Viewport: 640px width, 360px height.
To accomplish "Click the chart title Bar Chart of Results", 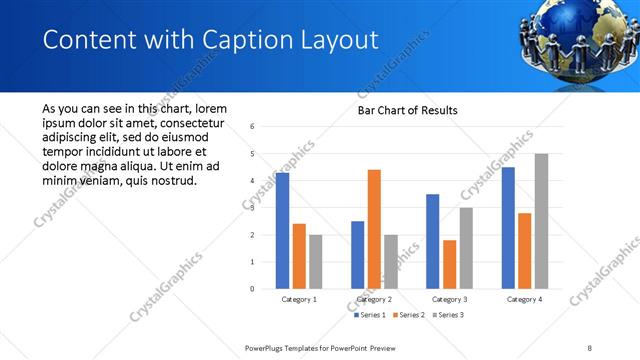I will tap(408, 110).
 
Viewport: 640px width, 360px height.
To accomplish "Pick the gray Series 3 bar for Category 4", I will tap(541, 221).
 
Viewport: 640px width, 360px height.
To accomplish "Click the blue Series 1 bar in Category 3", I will tap(432, 241).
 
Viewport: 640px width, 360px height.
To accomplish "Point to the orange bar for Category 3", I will tap(449, 264).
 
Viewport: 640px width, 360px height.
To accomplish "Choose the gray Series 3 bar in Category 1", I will tap(316, 261).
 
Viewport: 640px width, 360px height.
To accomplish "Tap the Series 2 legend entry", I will tap(410, 315).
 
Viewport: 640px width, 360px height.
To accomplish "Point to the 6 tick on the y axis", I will tap(252, 127).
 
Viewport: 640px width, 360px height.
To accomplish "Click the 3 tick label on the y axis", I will tap(252, 208).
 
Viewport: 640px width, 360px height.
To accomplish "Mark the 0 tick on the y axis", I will tap(252, 289).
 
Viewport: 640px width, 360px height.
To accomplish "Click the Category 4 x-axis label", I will tap(524, 299).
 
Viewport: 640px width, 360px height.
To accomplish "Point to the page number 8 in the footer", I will tap(590, 347).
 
